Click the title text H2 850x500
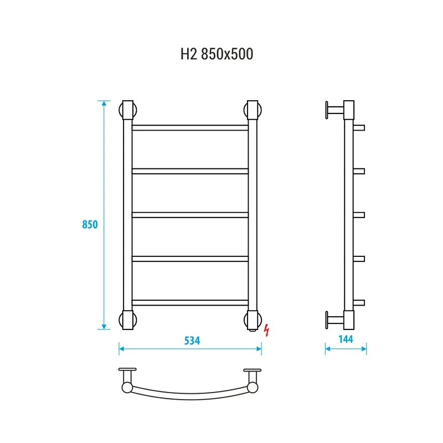(217, 54)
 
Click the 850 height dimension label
(90, 224)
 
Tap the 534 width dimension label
(192, 341)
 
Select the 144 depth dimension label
(346, 339)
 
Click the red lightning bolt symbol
(266, 330)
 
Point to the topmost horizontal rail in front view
(190, 128)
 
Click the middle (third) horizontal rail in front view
(190, 215)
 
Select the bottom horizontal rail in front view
(190, 302)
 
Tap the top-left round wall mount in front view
(121, 110)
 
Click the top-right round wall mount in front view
(259, 110)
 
